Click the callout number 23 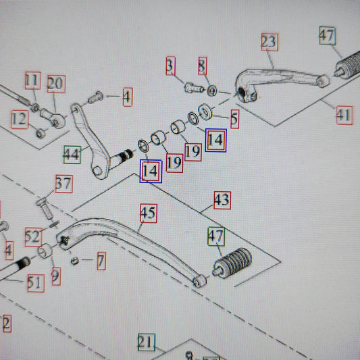pyautogui.click(x=269, y=42)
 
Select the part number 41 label pyautogui.click(x=344, y=115)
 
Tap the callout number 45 pyautogui.click(x=149, y=213)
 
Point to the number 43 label pyautogui.click(x=222, y=200)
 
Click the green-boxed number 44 pyautogui.click(x=72, y=155)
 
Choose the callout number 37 pyautogui.click(x=64, y=184)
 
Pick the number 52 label pyautogui.click(x=34, y=237)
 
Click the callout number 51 pyautogui.click(x=36, y=283)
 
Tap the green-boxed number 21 pyautogui.click(x=147, y=342)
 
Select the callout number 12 pyautogui.click(x=20, y=120)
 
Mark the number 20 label pyautogui.click(x=56, y=84)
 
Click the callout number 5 pyautogui.click(x=234, y=119)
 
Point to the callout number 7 pyautogui.click(x=101, y=261)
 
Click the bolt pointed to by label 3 pyautogui.click(x=194, y=88)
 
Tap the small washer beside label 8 pyautogui.click(x=212, y=91)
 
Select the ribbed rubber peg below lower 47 pyautogui.click(x=232, y=263)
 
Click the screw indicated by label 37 pyautogui.click(x=45, y=209)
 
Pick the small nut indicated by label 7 pyautogui.click(x=74, y=261)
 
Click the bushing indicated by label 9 pyautogui.click(x=45, y=251)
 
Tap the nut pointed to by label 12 pyautogui.click(x=41, y=134)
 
